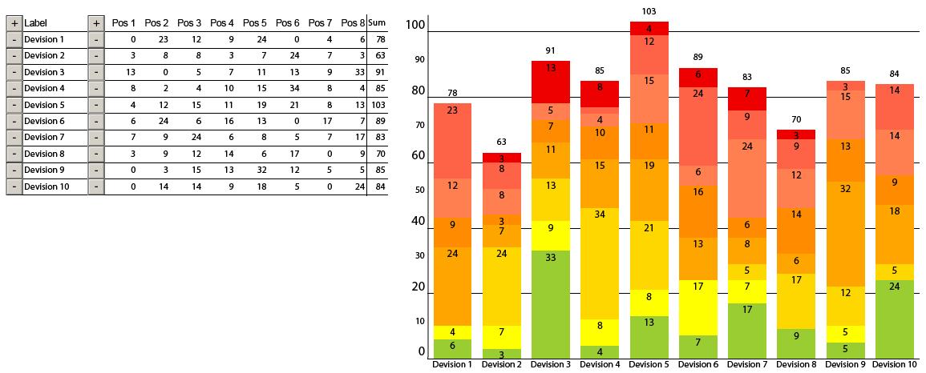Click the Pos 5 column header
click(x=254, y=23)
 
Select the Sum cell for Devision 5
click(x=378, y=105)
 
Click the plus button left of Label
click(x=14, y=23)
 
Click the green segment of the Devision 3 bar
click(x=550, y=304)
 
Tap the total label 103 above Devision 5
click(x=649, y=11)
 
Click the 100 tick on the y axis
click(x=415, y=26)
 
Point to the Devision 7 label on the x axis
click(x=747, y=365)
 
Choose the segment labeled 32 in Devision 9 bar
click(x=845, y=234)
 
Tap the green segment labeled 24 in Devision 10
click(x=894, y=319)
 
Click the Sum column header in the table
click(x=377, y=23)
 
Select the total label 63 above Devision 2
click(x=502, y=142)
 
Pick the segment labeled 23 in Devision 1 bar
click(x=452, y=140)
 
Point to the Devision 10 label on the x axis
click(x=894, y=365)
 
